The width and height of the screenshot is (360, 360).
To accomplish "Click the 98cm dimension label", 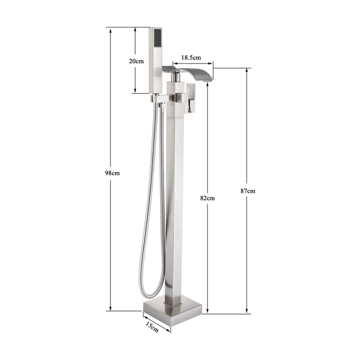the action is click(112, 173).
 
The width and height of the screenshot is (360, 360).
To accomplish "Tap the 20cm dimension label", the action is click(136, 61).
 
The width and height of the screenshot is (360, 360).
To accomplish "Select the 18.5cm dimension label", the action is click(191, 57).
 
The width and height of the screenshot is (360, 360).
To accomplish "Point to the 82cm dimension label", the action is click(208, 198).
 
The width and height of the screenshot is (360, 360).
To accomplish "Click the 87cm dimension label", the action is click(248, 191).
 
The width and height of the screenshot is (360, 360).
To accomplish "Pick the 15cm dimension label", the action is click(152, 327).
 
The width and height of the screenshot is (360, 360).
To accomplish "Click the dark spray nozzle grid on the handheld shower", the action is click(158, 38).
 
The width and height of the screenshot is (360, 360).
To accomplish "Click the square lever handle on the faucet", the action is click(191, 98).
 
